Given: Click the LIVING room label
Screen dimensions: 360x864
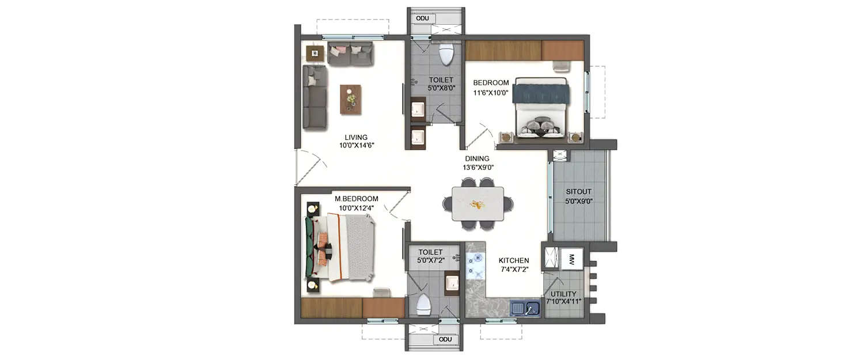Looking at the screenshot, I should pos(356,137).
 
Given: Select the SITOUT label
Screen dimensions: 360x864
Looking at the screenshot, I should pos(578,191).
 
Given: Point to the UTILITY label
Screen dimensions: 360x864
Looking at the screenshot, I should pos(563,294).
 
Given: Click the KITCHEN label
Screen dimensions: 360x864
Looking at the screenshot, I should pos(514,260).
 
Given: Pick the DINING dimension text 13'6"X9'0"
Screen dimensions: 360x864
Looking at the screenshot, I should pos(478,168).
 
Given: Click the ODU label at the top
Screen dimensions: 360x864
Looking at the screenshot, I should pos(422,18).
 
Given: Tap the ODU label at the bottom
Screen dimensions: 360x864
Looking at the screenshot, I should pos(445,339).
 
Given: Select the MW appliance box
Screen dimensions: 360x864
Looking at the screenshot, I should pos(571,258).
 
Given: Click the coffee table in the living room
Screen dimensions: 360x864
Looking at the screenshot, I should pos(350,99).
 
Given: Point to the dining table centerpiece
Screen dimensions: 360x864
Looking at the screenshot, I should pos(478,204).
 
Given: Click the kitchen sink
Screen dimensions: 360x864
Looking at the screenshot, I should pos(525,309).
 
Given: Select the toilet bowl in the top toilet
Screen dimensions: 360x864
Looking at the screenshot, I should pos(446,54).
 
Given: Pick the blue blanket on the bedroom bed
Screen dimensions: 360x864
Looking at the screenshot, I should pos(541,93).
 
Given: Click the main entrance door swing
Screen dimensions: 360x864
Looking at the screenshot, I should pos(310,167).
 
